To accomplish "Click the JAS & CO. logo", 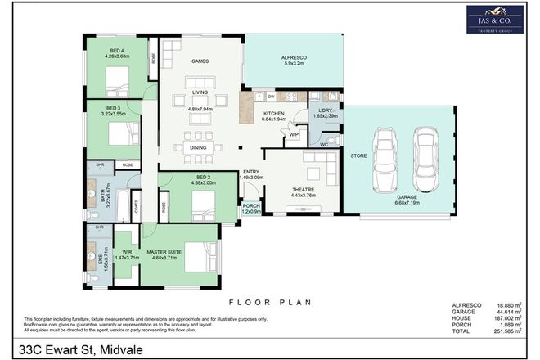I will (x=496, y=20).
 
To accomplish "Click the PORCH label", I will (x=250, y=205).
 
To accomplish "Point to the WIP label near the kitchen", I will (x=292, y=137).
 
